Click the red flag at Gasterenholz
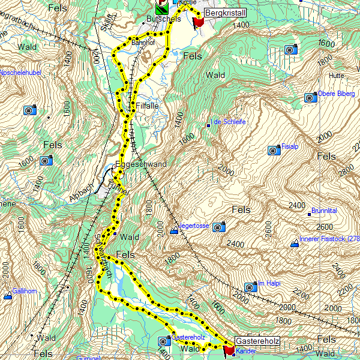(x=229, y=350)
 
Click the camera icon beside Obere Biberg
(x=310, y=97)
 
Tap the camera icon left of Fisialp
(x=274, y=149)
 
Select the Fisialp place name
(x=290, y=146)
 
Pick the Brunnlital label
(x=324, y=211)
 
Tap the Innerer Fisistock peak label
(x=329, y=239)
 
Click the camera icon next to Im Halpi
(x=250, y=287)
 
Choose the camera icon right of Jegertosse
(x=220, y=226)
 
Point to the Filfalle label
(x=147, y=105)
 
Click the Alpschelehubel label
(x=20, y=73)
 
